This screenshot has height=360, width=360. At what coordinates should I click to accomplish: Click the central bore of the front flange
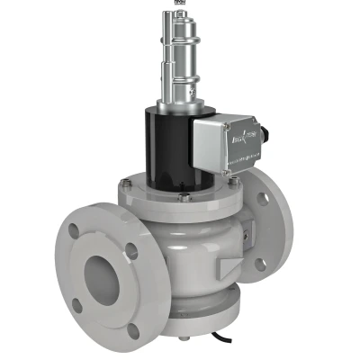point(102,272)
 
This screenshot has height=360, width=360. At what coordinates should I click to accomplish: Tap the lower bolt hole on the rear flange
point(260,263)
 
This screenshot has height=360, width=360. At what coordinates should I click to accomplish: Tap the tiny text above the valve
point(179,4)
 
